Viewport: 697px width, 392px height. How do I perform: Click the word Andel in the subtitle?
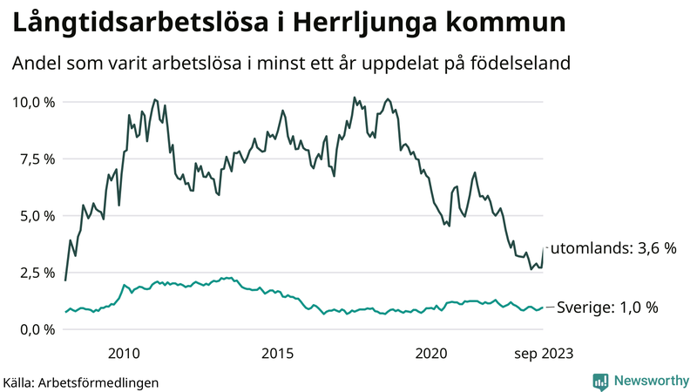click(37, 64)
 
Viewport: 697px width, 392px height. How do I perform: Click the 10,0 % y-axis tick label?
click(33, 102)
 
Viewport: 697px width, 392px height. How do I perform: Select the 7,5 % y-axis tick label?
click(37, 159)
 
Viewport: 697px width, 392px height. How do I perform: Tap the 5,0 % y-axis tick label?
click(37, 215)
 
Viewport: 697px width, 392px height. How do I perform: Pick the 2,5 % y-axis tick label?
click(37, 273)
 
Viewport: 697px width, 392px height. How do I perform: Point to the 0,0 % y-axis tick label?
click(37, 329)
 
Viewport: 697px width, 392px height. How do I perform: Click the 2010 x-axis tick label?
click(124, 353)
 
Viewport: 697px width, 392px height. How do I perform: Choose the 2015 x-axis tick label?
click(278, 353)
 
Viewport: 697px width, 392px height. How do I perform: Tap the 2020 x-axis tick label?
click(431, 353)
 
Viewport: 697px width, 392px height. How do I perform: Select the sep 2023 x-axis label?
click(543, 353)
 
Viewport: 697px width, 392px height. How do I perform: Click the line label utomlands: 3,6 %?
click(613, 248)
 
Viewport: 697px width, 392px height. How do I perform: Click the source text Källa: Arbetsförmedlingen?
click(81, 382)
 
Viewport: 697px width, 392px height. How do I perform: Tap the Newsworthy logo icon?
click(600, 381)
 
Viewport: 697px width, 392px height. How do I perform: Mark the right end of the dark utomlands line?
click(544, 248)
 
